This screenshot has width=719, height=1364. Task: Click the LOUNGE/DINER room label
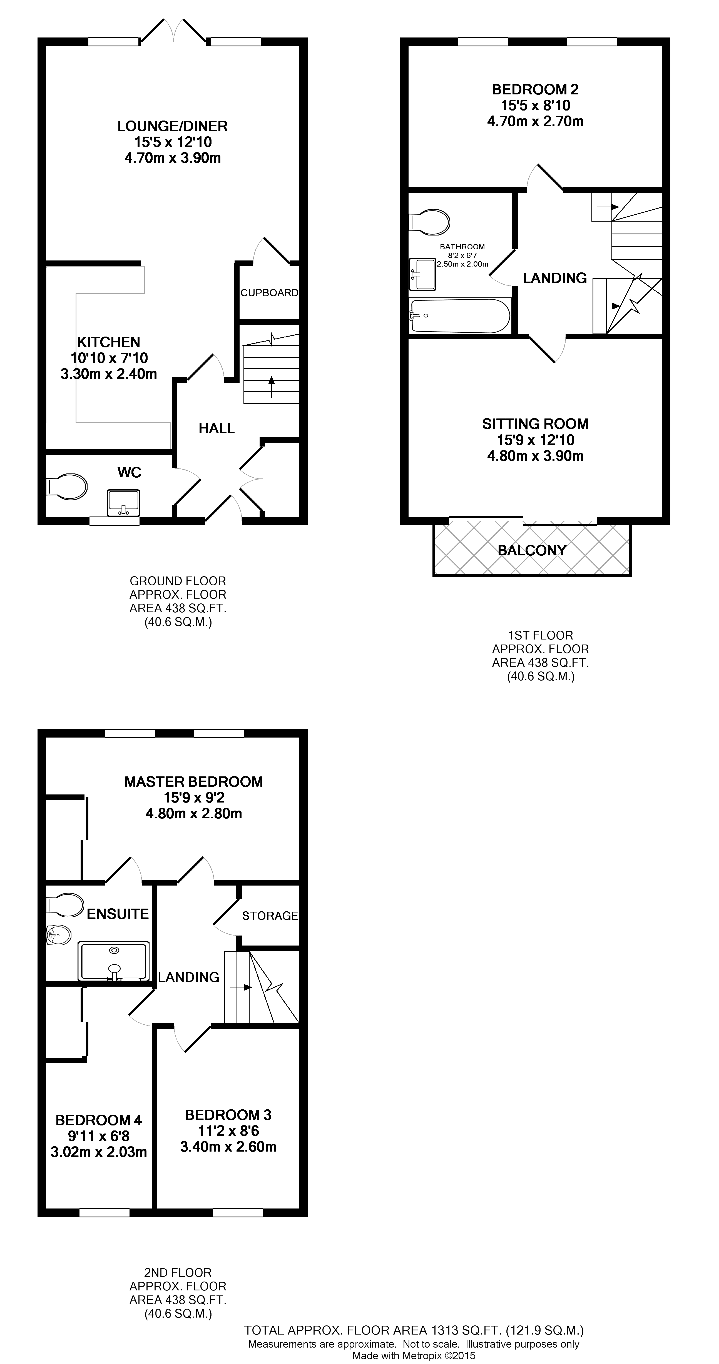172,126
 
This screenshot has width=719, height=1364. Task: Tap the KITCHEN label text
109,342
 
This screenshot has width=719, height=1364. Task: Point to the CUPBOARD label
269,293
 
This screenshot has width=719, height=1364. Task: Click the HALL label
216,428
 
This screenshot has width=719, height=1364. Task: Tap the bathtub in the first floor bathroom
460,316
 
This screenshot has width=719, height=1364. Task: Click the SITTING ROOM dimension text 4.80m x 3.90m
535,456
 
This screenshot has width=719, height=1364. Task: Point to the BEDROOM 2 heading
535,89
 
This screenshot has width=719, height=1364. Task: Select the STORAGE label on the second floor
270,916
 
